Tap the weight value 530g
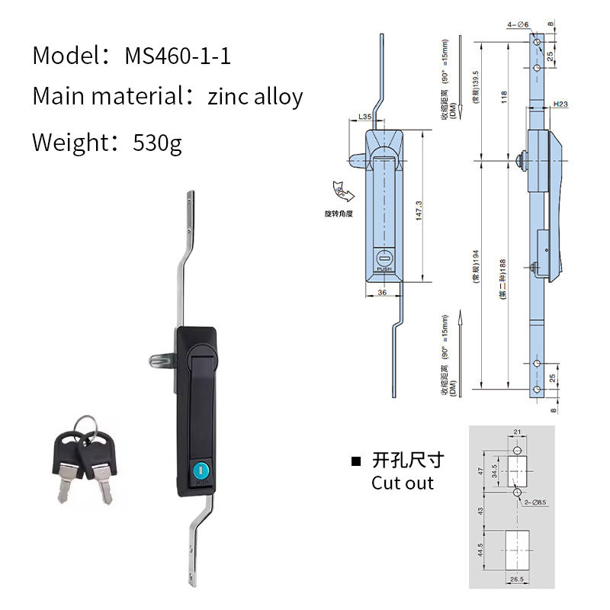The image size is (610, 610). coord(157,143)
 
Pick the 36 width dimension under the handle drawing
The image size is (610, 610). coord(380,293)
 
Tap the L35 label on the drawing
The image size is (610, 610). coord(364,117)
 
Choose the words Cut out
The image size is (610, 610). coord(403,483)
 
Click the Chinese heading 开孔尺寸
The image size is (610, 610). coord(407,460)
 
